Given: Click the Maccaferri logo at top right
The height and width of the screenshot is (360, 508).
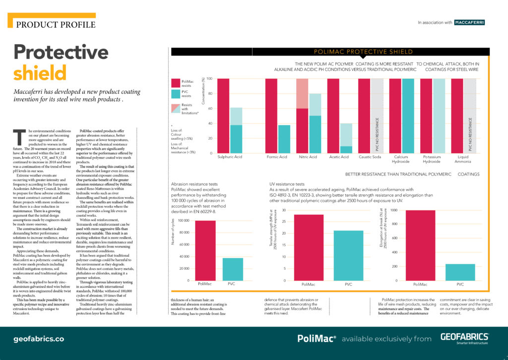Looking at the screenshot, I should (x=470, y=22).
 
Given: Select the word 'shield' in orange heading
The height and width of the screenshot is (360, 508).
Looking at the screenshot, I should (x=34, y=73).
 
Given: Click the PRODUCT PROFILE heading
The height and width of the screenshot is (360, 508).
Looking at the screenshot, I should (x=56, y=24).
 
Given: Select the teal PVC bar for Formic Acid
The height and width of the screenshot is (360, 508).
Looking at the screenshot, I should (x=284, y=139).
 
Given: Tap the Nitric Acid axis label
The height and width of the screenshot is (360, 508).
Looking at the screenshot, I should (x=308, y=157).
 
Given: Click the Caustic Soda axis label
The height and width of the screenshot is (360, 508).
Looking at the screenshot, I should (x=370, y=157).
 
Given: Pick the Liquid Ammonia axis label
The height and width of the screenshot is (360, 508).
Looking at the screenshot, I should (x=463, y=159).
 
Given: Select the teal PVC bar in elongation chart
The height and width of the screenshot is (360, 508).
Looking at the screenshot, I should (x=460, y=272).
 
